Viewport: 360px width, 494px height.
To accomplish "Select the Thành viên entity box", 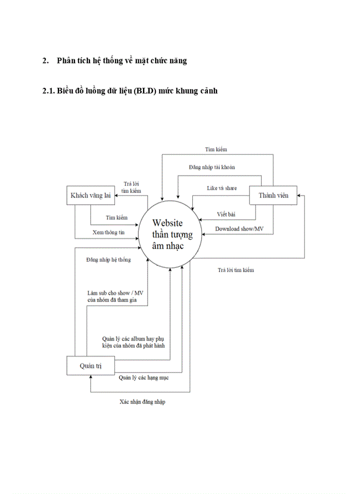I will point(273,195).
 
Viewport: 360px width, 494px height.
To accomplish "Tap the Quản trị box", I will point(90,365).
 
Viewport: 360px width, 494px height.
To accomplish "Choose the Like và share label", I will point(222,188).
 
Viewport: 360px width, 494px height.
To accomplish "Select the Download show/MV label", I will point(239,228).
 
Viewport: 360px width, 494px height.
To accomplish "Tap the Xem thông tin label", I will point(109,232).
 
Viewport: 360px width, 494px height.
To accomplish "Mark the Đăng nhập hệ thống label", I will point(109,259).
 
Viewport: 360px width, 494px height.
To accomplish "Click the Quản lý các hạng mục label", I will point(143,377).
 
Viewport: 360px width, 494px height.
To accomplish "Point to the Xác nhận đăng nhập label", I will point(142,401).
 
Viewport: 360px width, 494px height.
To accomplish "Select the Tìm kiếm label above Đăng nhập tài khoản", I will point(216,149).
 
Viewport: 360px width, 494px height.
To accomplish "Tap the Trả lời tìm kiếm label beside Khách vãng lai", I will point(131,187).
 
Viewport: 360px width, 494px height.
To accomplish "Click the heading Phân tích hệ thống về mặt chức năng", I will point(122,61).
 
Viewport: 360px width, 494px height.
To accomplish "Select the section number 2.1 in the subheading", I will point(48,91).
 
